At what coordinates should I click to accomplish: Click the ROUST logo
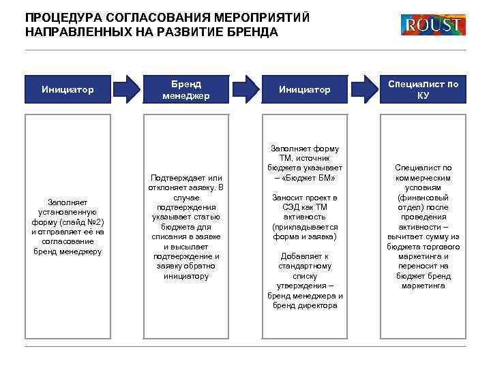point(433,25)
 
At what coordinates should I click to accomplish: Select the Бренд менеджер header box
point(185,89)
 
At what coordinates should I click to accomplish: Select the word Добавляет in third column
point(304,256)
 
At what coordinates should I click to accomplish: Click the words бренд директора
point(304,305)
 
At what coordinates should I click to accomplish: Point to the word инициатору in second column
point(185,276)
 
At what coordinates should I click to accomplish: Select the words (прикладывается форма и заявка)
point(304,232)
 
